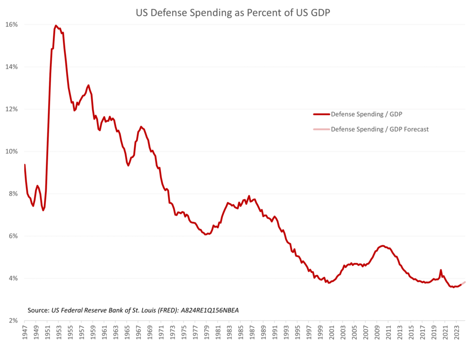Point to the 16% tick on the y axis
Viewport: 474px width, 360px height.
[x=12, y=24]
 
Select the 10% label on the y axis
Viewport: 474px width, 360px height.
[x=12, y=152]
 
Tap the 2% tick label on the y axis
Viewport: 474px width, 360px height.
[x=13, y=321]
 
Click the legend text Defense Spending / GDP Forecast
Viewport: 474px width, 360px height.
[x=380, y=129]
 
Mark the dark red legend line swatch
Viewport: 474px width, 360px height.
[x=321, y=114]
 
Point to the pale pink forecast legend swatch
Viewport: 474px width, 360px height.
[x=321, y=129]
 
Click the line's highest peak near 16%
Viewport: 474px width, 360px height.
[x=56, y=25]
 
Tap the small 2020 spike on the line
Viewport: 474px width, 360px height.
[x=441, y=270]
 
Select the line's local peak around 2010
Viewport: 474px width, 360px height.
[x=382, y=246]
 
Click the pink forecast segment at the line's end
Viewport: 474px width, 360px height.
[x=463, y=283]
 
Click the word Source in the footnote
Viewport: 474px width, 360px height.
[x=38, y=309]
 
